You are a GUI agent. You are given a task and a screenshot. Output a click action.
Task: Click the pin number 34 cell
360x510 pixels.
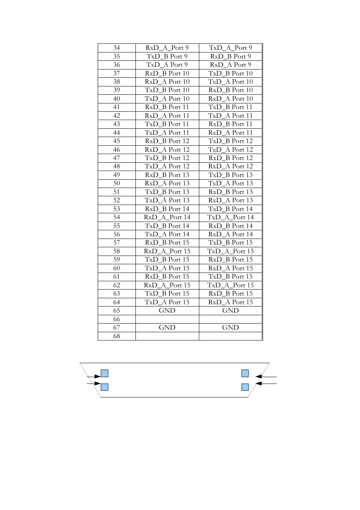point(117,48)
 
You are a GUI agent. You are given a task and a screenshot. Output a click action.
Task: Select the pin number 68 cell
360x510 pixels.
point(117,336)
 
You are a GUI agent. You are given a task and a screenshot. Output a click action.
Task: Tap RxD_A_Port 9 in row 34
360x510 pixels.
point(167,48)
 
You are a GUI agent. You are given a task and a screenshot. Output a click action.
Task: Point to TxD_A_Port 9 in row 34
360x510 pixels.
point(230,48)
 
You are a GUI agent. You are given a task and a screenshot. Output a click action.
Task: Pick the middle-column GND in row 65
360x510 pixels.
point(167,311)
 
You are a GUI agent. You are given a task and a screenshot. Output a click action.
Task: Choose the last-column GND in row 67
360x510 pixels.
point(230,328)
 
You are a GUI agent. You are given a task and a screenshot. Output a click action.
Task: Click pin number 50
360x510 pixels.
point(117,183)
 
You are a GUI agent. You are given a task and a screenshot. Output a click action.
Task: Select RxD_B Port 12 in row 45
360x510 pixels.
point(167,141)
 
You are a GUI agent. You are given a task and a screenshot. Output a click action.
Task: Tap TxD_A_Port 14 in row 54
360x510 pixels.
point(230,217)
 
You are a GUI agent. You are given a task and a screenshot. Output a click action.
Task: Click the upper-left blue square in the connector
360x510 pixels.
point(105,373)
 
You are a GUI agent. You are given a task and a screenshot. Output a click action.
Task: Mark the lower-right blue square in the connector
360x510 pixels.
point(245,387)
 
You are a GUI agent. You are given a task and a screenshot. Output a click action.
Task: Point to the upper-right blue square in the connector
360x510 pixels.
point(245,373)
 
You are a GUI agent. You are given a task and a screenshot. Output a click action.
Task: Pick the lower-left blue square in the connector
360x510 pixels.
point(105,387)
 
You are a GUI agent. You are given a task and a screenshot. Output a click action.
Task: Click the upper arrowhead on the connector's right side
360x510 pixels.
point(258,376)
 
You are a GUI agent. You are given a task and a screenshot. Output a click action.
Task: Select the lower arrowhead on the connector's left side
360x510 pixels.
point(98,384)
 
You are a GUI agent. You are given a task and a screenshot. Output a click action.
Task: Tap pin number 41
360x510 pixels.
point(117,107)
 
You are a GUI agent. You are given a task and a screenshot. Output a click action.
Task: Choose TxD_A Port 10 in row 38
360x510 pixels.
point(230,82)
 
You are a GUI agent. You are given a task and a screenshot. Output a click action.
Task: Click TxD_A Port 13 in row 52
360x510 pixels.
point(167,200)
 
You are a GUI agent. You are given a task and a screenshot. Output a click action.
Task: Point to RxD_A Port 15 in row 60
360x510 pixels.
point(230,268)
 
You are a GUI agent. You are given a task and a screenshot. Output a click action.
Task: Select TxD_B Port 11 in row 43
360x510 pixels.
point(167,124)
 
